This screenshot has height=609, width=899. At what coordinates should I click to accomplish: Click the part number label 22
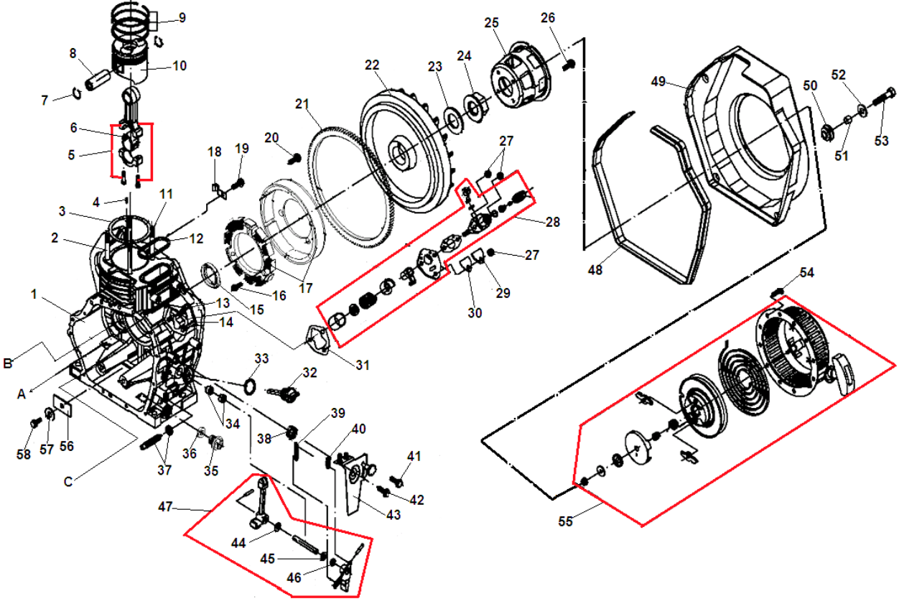pyautogui.click(x=371, y=65)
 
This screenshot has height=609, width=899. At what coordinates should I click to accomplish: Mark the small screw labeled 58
pyautogui.click(x=34, y=424)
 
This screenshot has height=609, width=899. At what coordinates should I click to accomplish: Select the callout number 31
pyautogui.click(x=362, y=365)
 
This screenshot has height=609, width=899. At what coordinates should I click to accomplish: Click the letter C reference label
pyautogui.click(x=68, y=482)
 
